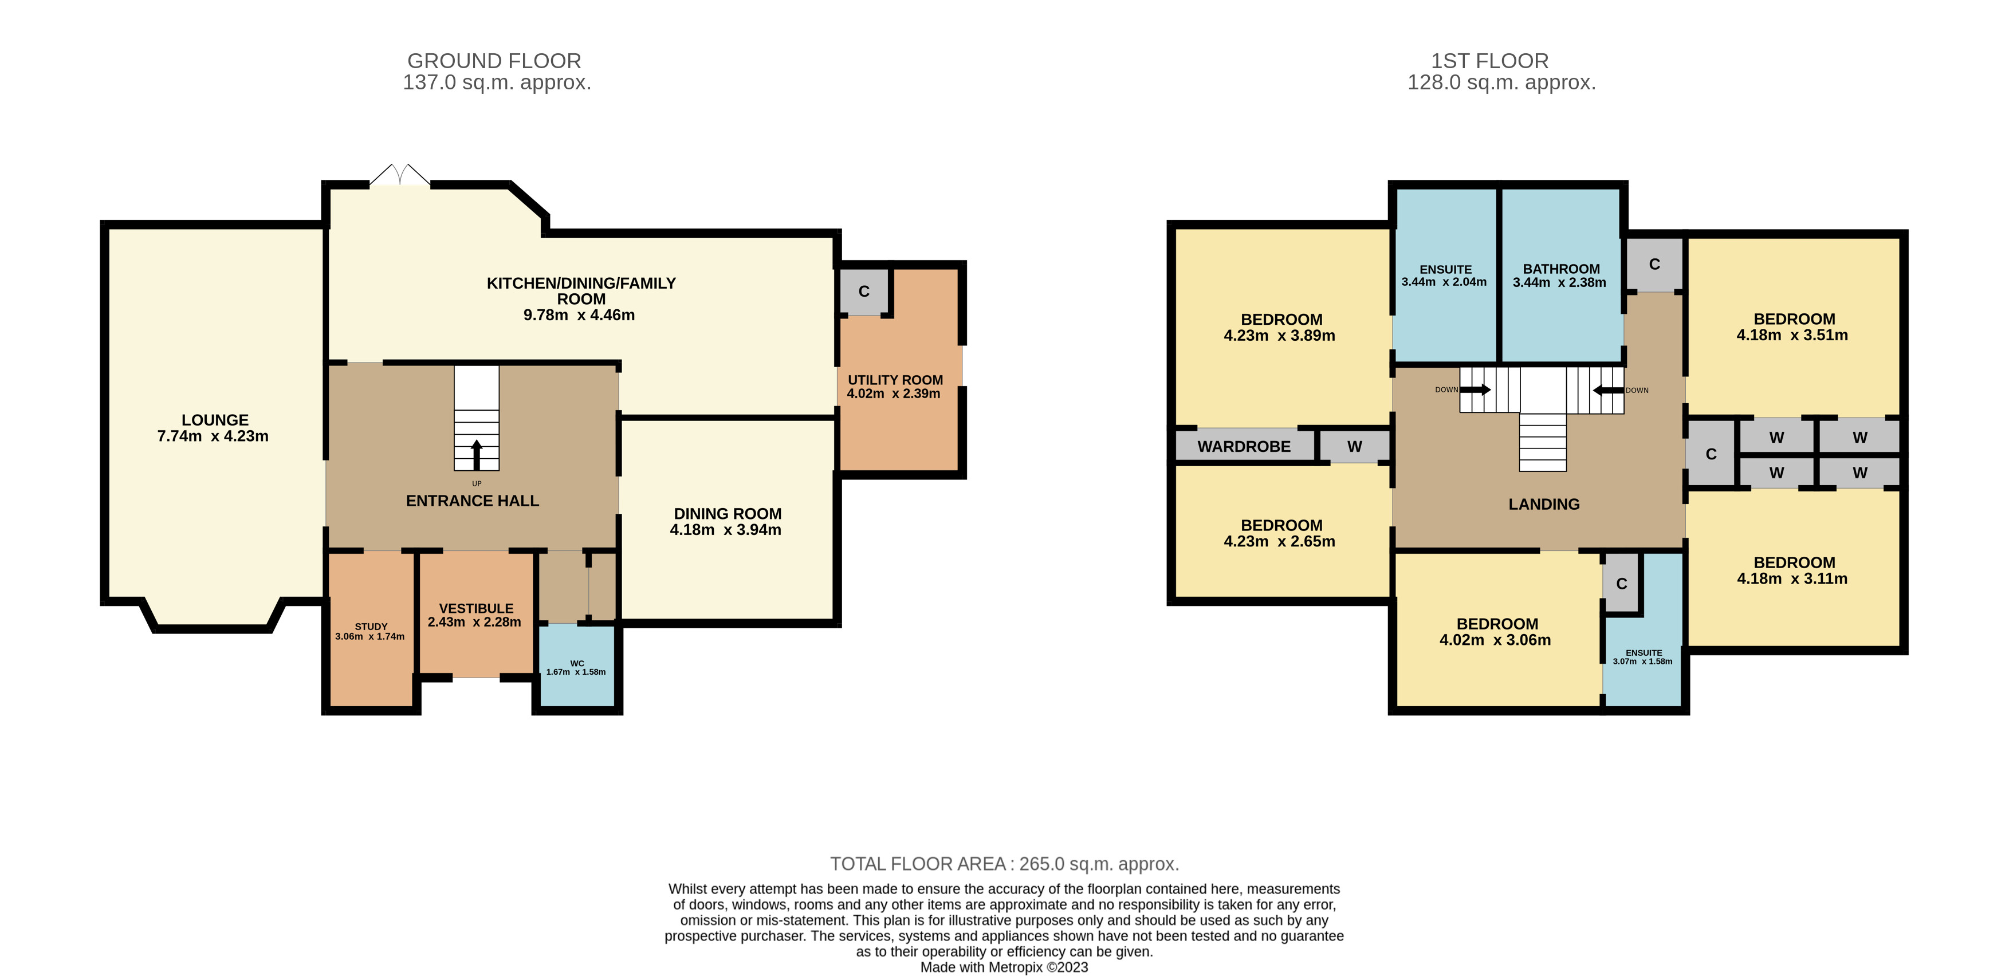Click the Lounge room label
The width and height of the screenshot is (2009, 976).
click(x=215, y=420)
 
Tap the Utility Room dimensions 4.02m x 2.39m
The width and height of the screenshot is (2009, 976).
click(x=894, y=393)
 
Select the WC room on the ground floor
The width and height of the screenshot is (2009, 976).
click(x=577, y=665)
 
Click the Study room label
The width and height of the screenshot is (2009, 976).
click(x=371, y=626)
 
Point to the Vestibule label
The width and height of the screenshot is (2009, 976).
click(x=475, y=608)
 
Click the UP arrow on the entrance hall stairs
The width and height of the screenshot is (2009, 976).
click(x=477, y=455)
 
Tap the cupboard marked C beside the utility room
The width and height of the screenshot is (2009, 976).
click(x=864, y=292)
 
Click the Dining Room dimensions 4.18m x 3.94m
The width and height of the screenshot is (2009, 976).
click(x=725, y=530)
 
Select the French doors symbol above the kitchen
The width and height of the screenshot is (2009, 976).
click(x=399, y=175)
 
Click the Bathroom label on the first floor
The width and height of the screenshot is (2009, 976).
click(x=1562, y=269)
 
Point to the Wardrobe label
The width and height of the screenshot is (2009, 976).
click(x=1244, y=447)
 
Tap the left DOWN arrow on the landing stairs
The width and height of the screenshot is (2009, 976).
click(x=1475, y=390)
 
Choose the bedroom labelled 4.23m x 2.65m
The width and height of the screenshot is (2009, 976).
click(x=1282, y=533)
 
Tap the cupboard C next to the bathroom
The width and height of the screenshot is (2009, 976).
click(x=1654, y=264)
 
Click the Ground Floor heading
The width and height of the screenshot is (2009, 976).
click(x=494, y=61)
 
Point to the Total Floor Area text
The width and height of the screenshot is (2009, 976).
click(x=1005, y=864)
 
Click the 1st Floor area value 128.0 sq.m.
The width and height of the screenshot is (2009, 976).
click(x=1501, y=82)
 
